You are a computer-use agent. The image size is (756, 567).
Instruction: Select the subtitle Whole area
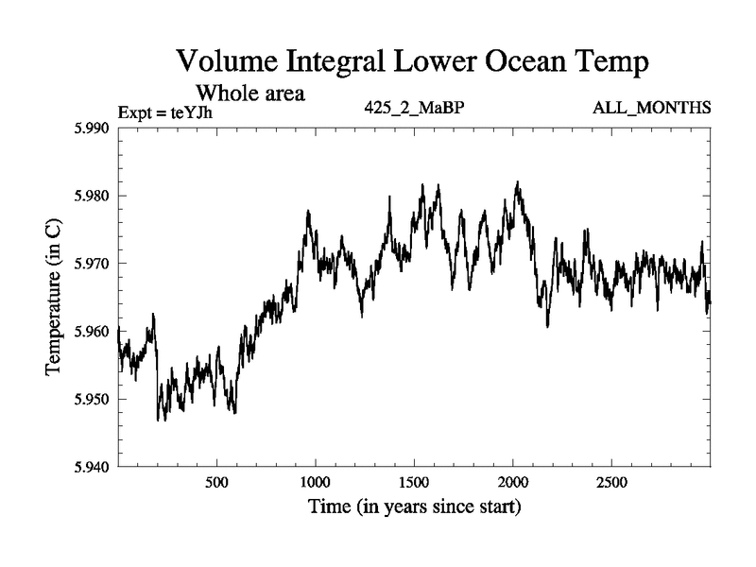click(249, 93)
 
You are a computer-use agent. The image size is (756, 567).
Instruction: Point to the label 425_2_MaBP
click(414, 108)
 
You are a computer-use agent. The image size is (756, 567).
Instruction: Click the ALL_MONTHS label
click(651, 108)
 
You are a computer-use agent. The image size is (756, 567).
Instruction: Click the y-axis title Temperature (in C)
click(54, 297)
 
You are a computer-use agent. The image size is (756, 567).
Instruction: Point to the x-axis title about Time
click(414, 507)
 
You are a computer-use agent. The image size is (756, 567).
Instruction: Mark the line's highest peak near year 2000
click(517, 182)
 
